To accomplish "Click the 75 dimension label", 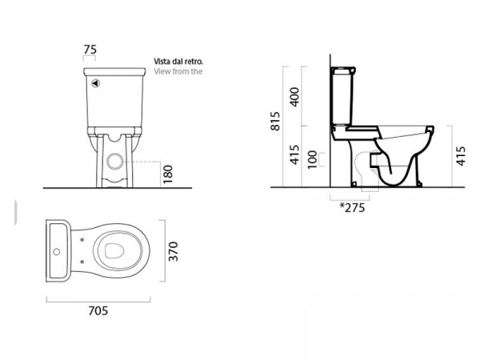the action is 90,50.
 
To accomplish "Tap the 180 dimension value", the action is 168,174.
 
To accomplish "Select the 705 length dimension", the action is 98,310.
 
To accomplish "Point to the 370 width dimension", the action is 174,251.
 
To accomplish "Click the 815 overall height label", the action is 275,122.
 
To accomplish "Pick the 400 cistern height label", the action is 294,97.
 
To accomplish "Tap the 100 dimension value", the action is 312,159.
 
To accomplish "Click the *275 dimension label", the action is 352,207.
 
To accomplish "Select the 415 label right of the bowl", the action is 461,156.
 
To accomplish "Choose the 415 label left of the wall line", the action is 294,154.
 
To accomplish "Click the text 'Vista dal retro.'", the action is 178,62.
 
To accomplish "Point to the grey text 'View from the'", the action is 178,71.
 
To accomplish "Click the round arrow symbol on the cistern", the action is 96,83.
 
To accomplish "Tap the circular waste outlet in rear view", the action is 114,161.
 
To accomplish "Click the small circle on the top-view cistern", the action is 56,252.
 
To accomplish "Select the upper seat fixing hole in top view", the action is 82,240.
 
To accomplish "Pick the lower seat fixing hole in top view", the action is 82,262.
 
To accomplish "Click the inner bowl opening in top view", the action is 114,251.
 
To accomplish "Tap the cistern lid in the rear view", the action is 114,72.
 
